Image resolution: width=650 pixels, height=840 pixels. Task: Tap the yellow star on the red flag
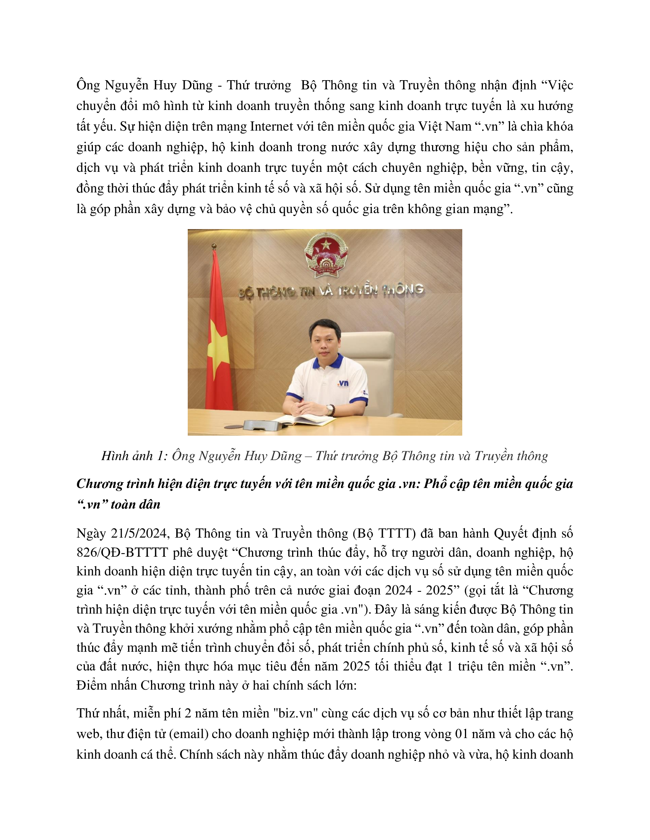click(218, 352)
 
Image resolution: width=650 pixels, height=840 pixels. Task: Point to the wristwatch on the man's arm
click(330, 409)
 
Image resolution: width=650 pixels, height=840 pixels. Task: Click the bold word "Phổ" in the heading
click(435, 484)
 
